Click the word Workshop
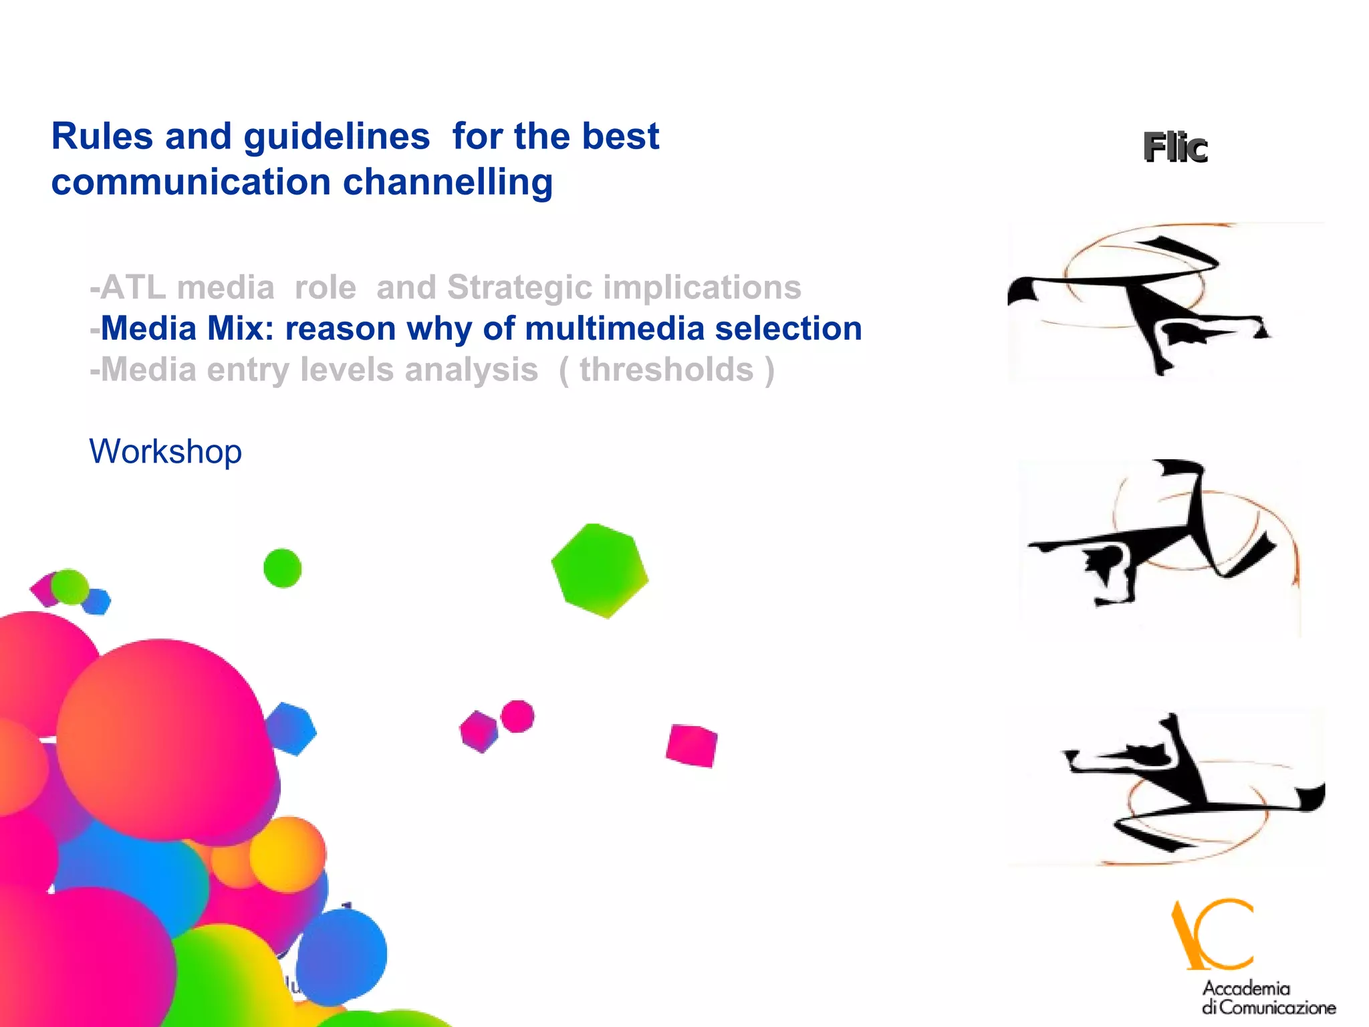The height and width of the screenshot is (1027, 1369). tap(165, 452)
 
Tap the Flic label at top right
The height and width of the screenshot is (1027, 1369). tap(1174, 148)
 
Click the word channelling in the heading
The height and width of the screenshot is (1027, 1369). tap(448, 183)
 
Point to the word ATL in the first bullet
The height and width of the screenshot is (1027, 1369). tap(133, 288)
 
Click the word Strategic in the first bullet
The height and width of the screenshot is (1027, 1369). tap(519, 288)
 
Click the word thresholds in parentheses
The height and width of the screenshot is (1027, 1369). tap(666, 370)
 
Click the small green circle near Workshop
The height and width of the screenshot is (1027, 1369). tap(282, 568)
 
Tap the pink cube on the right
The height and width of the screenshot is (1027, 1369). tap(691, 745)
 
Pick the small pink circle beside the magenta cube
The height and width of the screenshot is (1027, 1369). tap(517, 717)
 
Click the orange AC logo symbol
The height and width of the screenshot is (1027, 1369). tap(1212, 935)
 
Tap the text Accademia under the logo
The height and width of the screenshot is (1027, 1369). tap(1246, 988)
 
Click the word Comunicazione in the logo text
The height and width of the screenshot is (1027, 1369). tap(1277, 1008)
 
